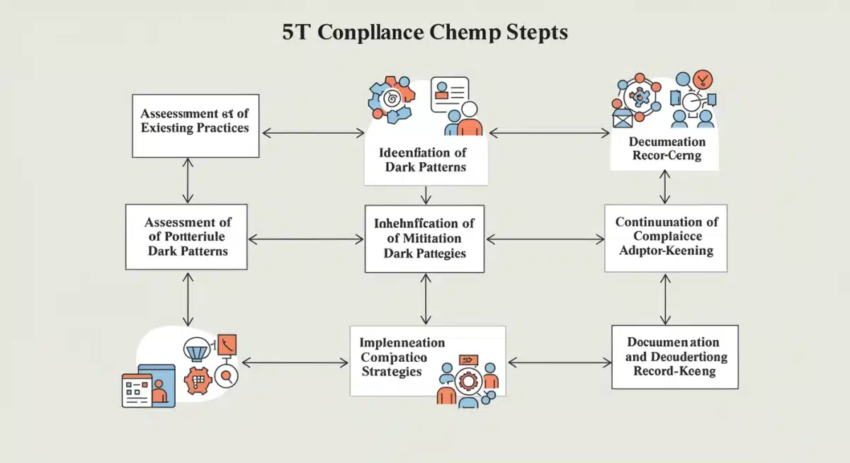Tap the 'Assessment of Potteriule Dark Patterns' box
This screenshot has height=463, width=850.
tap(187, 236)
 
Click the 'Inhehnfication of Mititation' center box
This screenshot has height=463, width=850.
tap(424, 239)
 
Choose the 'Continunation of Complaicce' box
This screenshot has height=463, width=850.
tap(666, 237)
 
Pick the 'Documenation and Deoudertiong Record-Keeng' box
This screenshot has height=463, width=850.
tap(675, 357)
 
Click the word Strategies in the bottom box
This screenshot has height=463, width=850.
tap(392, 372)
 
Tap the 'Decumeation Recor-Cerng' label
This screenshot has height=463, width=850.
tap(666, 149)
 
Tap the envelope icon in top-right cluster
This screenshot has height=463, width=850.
tap(622, 118)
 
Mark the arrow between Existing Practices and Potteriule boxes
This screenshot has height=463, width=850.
tap(187, 181)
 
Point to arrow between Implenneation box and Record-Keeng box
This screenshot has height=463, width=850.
tap(560, 362)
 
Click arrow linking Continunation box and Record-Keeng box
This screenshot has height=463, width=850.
tap(665, 299)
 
